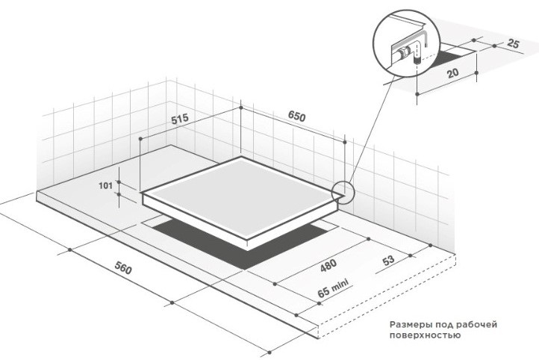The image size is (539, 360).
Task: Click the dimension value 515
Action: [180, 119]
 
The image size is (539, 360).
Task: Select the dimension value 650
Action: [296, 117]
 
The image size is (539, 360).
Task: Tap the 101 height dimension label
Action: [105, 186]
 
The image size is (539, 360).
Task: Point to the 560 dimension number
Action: [123, 268]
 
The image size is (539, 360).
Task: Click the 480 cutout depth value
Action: [328, 265]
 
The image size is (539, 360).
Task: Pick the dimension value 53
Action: [388, 260]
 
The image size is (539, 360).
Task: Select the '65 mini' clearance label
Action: [333, 288]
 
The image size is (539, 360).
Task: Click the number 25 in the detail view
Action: [513, 43]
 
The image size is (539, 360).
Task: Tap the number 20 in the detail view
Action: [452, 73]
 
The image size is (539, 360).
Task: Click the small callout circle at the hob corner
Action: [343, 192]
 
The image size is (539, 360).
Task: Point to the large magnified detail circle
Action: [406, 44]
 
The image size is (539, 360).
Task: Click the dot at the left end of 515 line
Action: [140, 139]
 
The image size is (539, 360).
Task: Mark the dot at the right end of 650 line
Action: [345, 142]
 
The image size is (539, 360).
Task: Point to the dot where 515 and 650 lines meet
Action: [241, 108]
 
